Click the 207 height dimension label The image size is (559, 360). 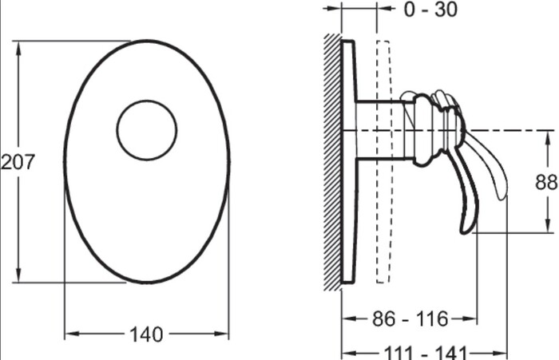18,162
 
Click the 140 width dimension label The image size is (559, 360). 146,334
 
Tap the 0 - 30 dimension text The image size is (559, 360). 430,10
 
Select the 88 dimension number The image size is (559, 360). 546,182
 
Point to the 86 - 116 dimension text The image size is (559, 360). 410,318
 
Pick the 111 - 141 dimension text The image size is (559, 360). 425,353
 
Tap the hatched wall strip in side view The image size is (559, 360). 333,162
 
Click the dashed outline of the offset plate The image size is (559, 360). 383,162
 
